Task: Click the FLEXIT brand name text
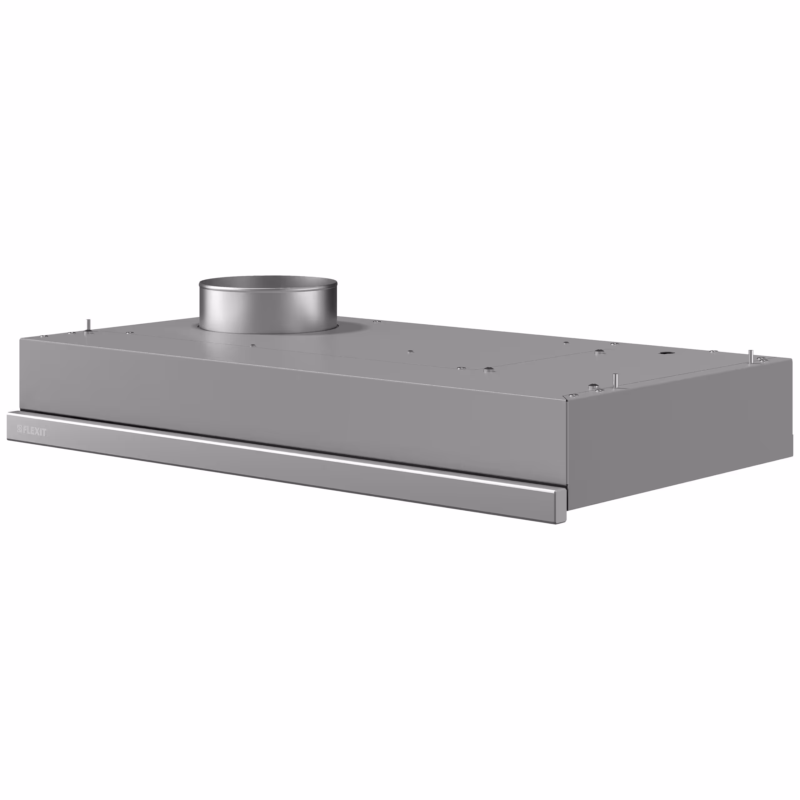(x=35, y=432)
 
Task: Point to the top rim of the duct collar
(x=268, y=278)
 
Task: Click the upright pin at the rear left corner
(x=87, y=325)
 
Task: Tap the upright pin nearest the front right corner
(x=616, y=380)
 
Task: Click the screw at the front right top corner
(x=572, y=395)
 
